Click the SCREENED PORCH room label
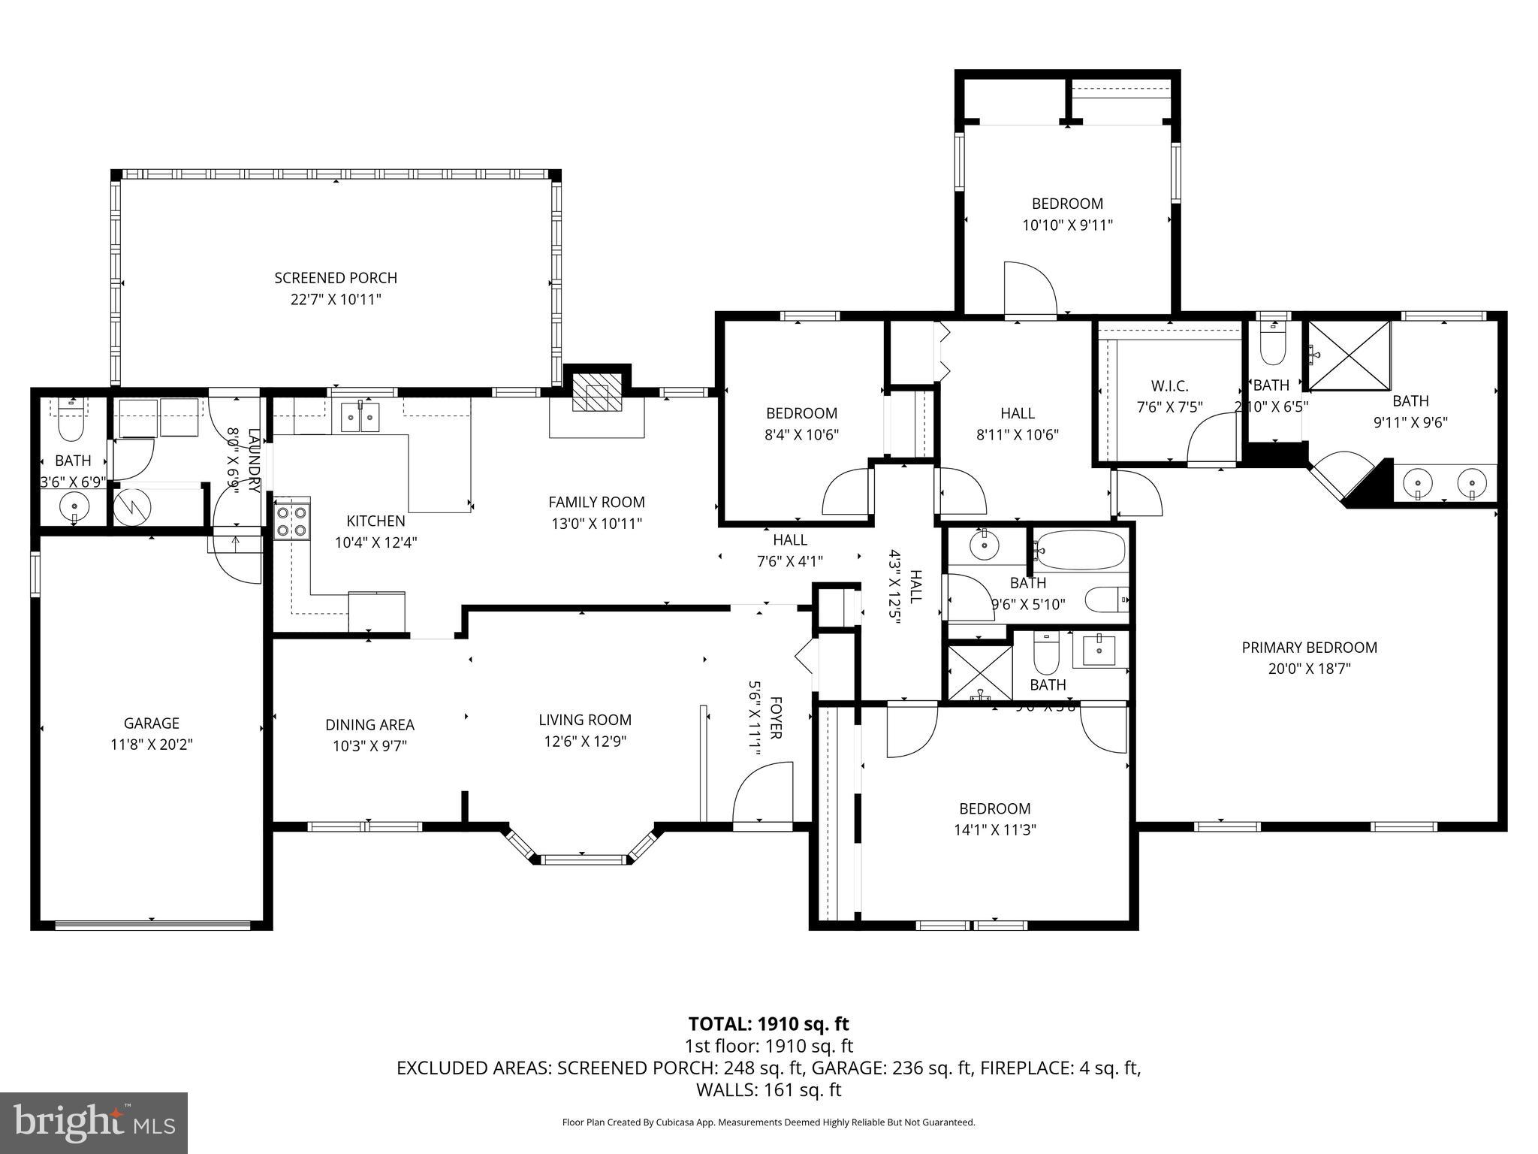335,278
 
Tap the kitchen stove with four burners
292,521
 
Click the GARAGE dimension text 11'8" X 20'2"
152,745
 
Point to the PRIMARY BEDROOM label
1309,647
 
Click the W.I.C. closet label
1169,386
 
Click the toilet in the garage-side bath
71,428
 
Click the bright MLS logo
94,1123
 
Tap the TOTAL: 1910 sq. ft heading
768,1023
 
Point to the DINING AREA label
369,725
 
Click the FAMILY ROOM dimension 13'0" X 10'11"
596,524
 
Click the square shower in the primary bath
1350,355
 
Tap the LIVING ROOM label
585,720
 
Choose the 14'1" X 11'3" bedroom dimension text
994,830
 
